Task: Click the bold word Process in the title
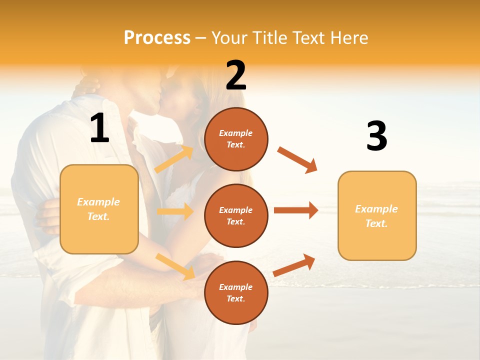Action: pos(157,37)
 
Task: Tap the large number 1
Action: pos(100,128)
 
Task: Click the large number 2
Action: pos(236,76)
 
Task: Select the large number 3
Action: pos(377,137)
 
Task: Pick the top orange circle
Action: pos(236,139)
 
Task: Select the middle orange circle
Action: pos(236,216)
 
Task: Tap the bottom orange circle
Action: pos(236,292)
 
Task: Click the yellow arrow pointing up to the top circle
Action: pos(174,159)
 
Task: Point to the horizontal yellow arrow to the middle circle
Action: pos(175,211)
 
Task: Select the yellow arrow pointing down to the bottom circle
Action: pos(175,266)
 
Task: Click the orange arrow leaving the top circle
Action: pos(297,160)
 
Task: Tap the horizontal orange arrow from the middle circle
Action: pos(296,210)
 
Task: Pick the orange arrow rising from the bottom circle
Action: pos(294,265)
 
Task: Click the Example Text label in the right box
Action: pos(376,216)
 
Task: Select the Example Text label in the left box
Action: pos(98,209)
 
